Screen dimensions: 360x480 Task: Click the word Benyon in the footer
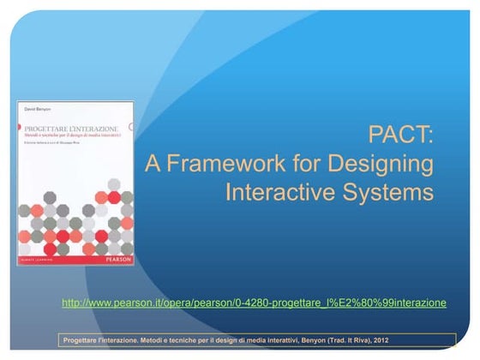pyautogui.click(x=315, y=340)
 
